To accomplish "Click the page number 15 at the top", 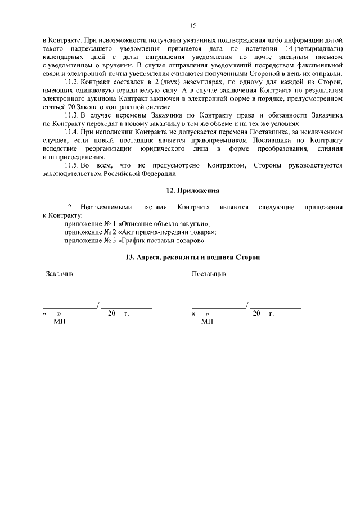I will pyautogui.click(x=192, y=25).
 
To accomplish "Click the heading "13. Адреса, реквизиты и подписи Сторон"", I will pyautogui.click(x=192, y=257).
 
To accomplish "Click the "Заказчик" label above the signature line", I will pyautogui.click(x=59, y=274).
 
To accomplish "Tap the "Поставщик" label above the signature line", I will pyautogui.click(x=209, y=274).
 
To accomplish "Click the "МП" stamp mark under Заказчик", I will pyautogui.click(x=58, y=322).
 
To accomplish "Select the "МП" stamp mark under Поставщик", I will pyautogui.click(x=207, y=322).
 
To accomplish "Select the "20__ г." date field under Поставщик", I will pyautogui.click(x=263, y=313).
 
